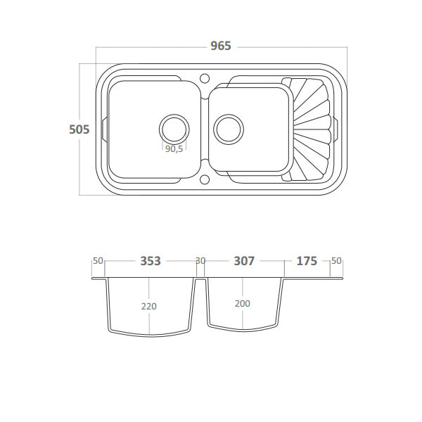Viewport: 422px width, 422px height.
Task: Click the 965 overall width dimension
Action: [x=221, y=46]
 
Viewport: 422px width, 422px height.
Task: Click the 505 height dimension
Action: [x=79, y=129]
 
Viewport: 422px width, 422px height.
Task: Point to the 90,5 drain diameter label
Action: [x=174, y=148]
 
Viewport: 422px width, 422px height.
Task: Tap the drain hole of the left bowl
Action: [x=174, y=129]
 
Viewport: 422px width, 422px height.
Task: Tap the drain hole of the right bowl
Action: [x=229, y=129]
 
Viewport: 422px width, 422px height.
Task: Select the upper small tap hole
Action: [x=205, y=78]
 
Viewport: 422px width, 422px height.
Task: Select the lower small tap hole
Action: [x=205, y=179]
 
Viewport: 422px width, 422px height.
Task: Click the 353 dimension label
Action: [x=151, y=261]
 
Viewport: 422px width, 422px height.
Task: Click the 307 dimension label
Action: [x=244, y=261]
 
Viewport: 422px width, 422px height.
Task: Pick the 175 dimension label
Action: [x=307, y=261]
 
